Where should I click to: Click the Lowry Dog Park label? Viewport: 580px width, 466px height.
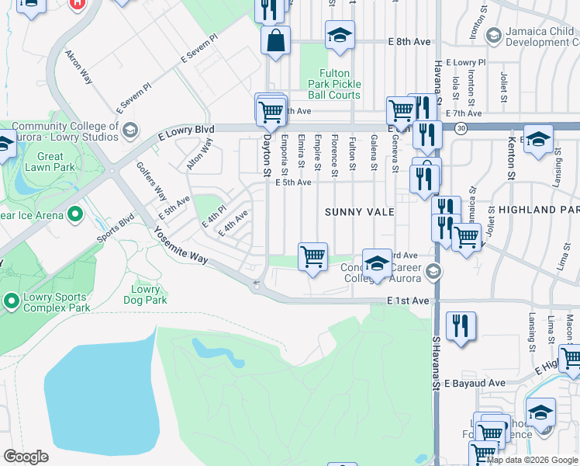coord(145,295)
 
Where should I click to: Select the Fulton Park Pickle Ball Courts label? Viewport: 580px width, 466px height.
coord(335,84)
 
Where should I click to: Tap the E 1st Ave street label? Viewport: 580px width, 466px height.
coord(408,301)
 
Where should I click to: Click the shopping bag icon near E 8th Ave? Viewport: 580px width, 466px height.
coord(276,41)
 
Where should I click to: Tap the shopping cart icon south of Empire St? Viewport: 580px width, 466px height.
coord(312,256)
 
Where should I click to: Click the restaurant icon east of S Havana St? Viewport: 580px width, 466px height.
coord(461,327)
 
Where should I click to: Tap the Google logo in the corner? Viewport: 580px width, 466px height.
coord(26,457)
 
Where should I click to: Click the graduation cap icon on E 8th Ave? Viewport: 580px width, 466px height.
coord(340,35)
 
